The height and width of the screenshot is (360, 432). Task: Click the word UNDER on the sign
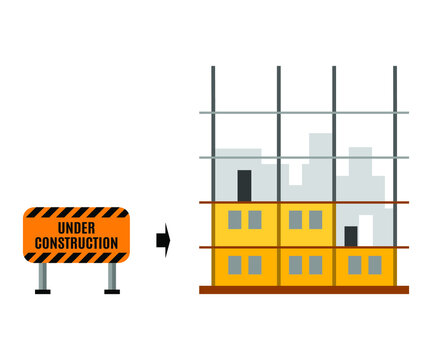tap(76, 229)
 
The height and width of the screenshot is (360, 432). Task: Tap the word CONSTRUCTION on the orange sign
tap(76, 243)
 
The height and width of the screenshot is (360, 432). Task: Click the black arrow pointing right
tap(163, 240)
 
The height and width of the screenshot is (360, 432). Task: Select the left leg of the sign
tap(42, 276)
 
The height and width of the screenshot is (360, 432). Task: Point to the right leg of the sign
tap(111, 276)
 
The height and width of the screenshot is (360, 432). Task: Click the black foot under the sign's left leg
tap(42, 291)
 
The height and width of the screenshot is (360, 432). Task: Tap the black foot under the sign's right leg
tap(111, 291)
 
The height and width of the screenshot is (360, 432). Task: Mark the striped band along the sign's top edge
tap(76, 213)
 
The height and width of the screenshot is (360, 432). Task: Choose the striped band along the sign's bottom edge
tap(76, 258)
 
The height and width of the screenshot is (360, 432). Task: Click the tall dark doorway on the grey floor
tap(244, 185)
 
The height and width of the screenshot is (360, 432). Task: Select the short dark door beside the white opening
tap(351, 236)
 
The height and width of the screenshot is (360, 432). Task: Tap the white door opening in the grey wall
tap(366, 229)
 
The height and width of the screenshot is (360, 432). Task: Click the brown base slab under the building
tap(304, 290)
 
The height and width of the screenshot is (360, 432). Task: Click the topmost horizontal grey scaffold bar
tap(304, 112)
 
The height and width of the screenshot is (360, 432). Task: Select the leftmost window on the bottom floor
tap(235, 264)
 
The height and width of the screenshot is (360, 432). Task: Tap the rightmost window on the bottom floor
tap(374, 264)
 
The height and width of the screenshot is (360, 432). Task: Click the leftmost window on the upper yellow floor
tap(235, 219)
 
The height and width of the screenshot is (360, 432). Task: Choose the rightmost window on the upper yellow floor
tap(315, 219)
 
